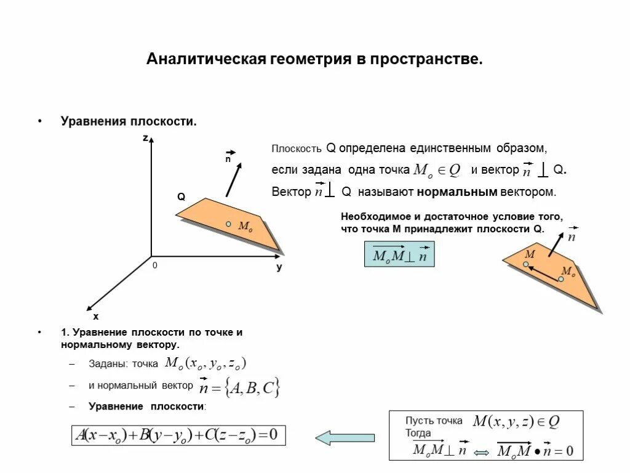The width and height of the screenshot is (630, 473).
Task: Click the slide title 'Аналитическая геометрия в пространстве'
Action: pyautogui.click(x=314, y=60)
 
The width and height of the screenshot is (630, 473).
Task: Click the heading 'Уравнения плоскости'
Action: pyautogui.click(x=129, y=121)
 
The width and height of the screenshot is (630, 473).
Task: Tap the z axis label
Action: pyautogui.click(x=146, y=139)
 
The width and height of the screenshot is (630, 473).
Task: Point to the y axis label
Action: pyautogui.click(x=279, y=267)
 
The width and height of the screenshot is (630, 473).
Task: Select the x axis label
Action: pyautogui.click(x=95, y=317)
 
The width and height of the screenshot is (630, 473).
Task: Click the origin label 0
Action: pyautogui.click(x=155, y=265)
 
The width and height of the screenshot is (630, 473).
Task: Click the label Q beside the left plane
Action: pyautogui.click(x=181, y=197)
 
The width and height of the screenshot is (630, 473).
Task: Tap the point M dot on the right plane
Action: pyautogui.click(x=526, y=264)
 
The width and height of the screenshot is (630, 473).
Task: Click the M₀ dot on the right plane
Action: pyautogui.click(x=560, y=279)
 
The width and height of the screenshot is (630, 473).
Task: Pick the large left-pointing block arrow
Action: pyautogui.click(x=345, y=437)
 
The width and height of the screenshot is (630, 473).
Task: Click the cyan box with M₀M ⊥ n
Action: pyautogui.click(x=399, y=254)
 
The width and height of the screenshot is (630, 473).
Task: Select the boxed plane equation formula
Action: pyautogui.click(x=178, y=435)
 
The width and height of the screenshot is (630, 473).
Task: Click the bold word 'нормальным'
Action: pyautogui.click(x=457, y=192)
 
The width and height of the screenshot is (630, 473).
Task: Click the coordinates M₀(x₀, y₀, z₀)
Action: pyautogui.click(x=205, y=363)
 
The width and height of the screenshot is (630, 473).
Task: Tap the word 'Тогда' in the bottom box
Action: pyautogui.click(x=418, y=433)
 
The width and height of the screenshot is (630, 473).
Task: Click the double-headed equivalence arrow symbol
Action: pyautogui.click(x=482, y=453)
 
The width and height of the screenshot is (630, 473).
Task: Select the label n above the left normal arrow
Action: pyautogui.click(x=228, y=159)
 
